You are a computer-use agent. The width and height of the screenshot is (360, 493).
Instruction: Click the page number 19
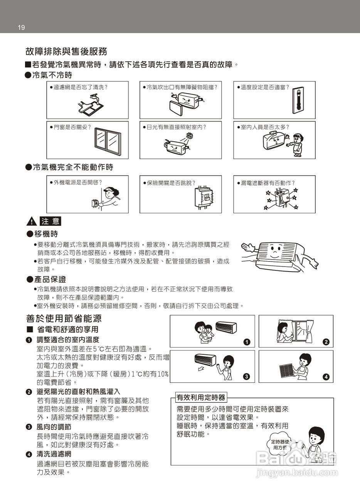click(21, 27)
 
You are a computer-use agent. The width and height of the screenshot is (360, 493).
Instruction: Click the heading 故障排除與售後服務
click(66, 52)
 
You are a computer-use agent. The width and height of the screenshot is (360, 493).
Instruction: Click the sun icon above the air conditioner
click(189, 136)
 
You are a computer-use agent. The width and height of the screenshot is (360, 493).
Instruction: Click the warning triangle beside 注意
click(31, 222)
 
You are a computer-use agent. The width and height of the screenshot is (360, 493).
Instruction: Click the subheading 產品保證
click(50, 279)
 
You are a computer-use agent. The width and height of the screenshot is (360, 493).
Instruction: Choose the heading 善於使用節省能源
click(64, 319)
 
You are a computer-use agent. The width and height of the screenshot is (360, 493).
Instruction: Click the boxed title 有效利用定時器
click(200, 397)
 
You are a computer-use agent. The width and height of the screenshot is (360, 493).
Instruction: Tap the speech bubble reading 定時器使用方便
click(280, 444)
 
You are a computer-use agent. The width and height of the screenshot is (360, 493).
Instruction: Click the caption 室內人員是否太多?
click(265, 127)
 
